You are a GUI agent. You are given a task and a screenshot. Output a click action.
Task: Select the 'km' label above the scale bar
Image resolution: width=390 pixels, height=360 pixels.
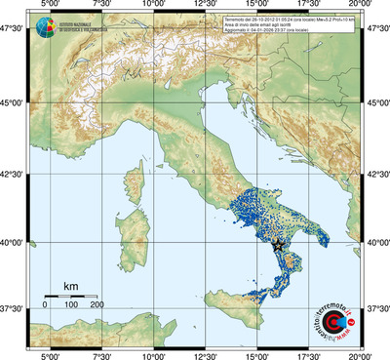pos(70,286)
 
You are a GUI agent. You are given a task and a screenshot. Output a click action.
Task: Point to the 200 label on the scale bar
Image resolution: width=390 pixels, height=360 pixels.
pos(97,305)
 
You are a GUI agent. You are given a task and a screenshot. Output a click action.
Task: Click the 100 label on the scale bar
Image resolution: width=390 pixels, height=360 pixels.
pos(71,305)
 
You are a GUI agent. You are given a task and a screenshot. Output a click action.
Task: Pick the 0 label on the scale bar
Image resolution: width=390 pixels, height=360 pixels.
pos(45,305)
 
